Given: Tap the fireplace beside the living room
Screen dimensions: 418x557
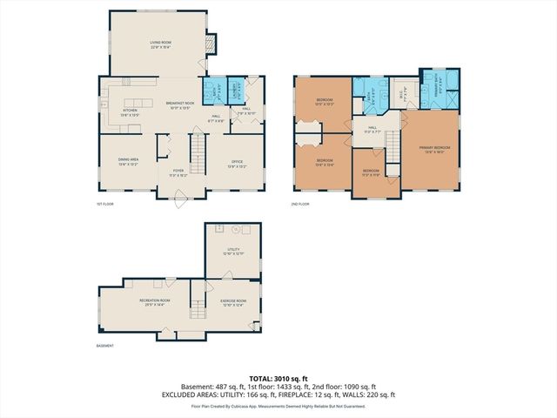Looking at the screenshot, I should (209, 44).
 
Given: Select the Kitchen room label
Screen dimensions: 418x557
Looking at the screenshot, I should (130, 111).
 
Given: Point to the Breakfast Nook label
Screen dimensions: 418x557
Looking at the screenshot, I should (178, 104).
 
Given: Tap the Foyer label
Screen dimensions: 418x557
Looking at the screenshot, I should (178, 172).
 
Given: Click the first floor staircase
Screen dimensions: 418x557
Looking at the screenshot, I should (198, 156).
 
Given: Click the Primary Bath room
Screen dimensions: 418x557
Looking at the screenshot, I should (432, 87).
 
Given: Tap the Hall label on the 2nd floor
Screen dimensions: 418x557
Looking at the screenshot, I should (372, 130).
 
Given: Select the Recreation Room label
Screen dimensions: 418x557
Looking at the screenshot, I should (154, 301).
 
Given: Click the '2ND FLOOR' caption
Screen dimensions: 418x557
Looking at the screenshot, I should (300, 204).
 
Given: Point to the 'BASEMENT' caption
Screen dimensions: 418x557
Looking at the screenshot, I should (104, 347).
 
